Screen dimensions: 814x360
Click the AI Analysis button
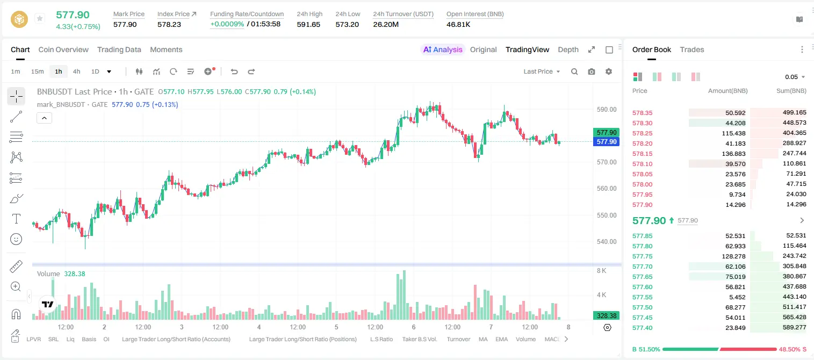[x=442, y=49]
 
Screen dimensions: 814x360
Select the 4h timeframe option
[x=76, y=71]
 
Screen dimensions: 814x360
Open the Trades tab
[x=692, y=49]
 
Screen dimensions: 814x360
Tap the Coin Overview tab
[x=63, y=49]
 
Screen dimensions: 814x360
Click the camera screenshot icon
[x=592, y=71]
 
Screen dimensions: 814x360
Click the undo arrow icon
[x=234, y=71]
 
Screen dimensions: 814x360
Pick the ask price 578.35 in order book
[x=642, y=113]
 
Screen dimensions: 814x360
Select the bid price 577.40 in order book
[x=642, y=328]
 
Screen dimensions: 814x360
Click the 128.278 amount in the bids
[x=733, y=256]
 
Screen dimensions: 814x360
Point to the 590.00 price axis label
[x=607, y=110]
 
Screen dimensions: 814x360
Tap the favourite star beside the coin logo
[x=40, y=18]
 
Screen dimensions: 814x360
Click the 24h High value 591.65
[x=308, y=24]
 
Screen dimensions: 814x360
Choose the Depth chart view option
[x=568, y=49]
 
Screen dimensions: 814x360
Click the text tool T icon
[x=16, y=219]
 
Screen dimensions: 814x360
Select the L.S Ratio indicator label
[x=381, y=339]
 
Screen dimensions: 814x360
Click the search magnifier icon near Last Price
[x=574, y=71]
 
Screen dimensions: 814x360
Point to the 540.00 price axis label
[x=607, y=242]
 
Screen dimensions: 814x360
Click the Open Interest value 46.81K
[x=458, y=24]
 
